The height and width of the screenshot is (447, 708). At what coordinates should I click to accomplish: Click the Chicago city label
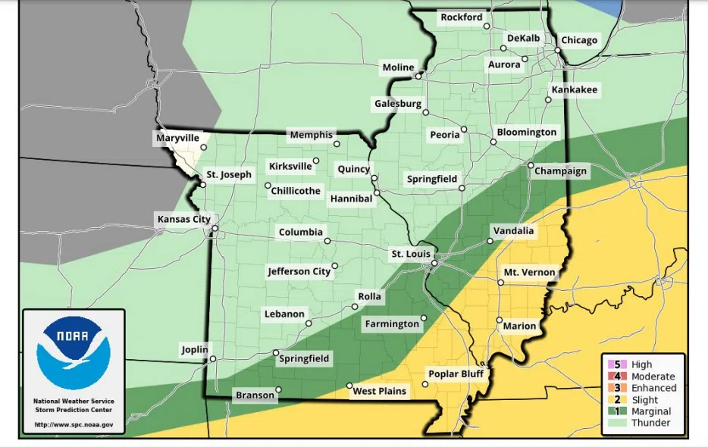click(x=579, y=40)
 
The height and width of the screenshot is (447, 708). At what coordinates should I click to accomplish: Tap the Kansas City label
click(x=183, y=219)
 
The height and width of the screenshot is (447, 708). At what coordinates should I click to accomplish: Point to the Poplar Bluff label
click(x=456, y=374)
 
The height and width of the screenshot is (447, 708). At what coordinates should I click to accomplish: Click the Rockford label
click(x=461, y=17)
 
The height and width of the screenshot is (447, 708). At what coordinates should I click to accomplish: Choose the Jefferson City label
click(x=299, y=271)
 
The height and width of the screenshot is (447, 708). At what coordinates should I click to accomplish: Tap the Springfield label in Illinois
click(x=432, y=179)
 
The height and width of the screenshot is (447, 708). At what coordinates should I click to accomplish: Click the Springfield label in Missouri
click(x=304, y=358)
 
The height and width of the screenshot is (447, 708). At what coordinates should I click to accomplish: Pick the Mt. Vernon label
click(x=529, y=272)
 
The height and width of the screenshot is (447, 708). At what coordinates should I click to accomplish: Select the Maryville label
click(x=177, y=138)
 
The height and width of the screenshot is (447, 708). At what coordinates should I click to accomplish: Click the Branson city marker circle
click(x=278, y=390)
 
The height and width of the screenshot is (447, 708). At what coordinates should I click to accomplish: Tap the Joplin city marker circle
click(x=213, y=359)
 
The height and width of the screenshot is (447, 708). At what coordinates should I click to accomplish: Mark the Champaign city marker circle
click(x=531, y=165)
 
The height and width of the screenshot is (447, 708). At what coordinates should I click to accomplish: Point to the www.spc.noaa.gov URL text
click(x=74, y=425)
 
